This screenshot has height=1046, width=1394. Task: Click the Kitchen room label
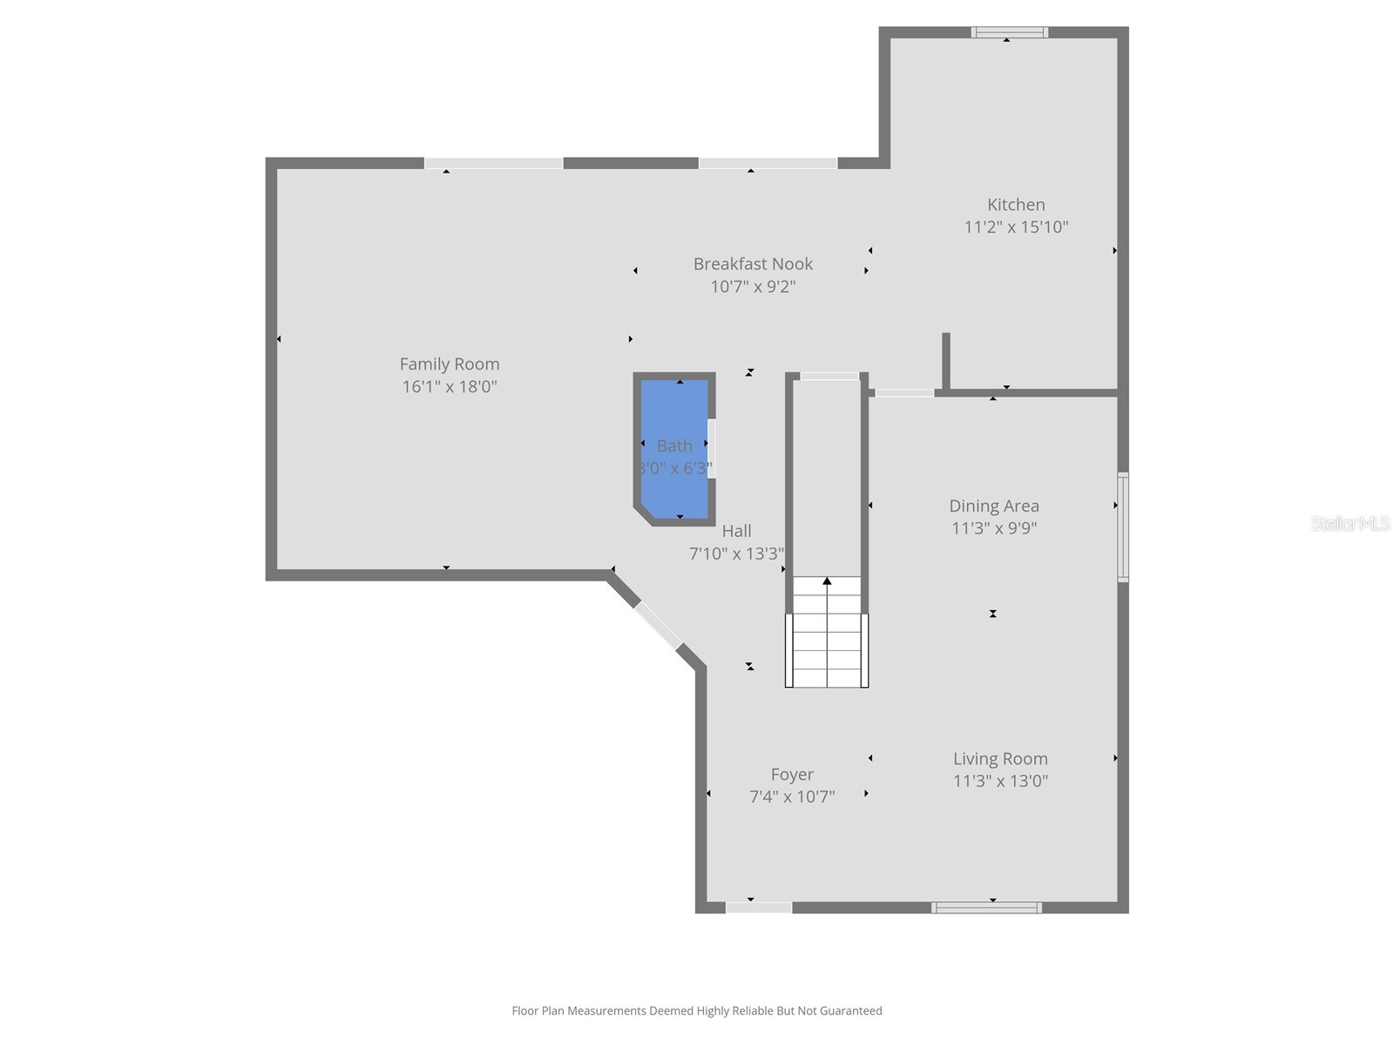[x=1016, y=205]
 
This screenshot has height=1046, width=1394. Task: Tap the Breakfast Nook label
[x=753, y=264]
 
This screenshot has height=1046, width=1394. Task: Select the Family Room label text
[x=450, y=364]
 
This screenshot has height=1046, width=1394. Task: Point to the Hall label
[x=736, y=531]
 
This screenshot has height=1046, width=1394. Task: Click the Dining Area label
[x=994, y=506]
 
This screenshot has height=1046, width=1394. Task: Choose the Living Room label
[x=1000, y=759]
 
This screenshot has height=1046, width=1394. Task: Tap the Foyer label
[x=792, y=774]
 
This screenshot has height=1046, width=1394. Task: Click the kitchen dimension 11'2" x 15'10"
[x=1016, y=228]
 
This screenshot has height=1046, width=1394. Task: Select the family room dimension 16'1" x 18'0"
[x=450, y=387]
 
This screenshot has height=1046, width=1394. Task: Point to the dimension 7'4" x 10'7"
[x=792, y=797]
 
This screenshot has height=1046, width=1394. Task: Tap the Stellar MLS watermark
[x=1350, y=524]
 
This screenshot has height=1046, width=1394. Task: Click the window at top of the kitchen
[x=1009, y=33]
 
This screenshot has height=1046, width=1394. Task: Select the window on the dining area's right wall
[x=1123, y=526]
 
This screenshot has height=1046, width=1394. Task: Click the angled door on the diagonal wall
[x=658, y=624]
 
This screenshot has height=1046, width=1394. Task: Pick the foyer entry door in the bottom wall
[x=758, y=907]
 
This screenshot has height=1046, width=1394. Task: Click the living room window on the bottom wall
[x=986, y=907]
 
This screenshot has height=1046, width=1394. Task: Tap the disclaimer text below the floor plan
[x=697, y=1011]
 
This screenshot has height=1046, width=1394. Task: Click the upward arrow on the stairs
[x=827, y=581]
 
